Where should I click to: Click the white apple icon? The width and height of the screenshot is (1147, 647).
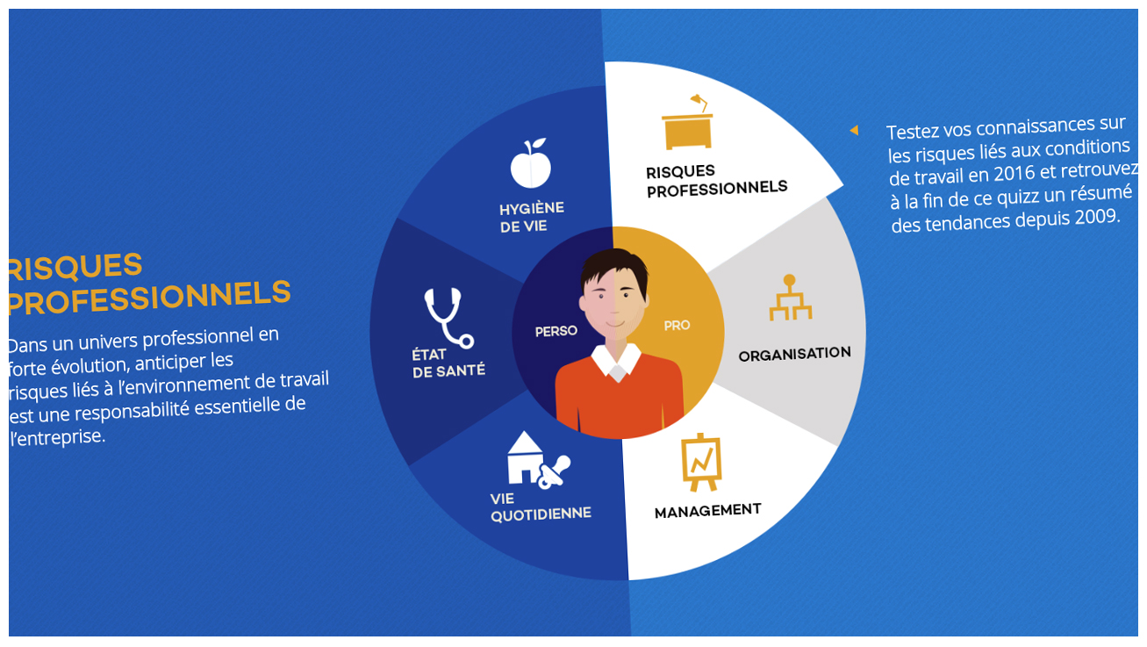pyautogui.click(x=530, y=164)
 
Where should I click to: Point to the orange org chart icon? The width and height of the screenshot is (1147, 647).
pyautogui.click(x=790, y=298)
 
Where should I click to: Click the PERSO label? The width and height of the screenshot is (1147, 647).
pyautogui.click(x=556, y=332)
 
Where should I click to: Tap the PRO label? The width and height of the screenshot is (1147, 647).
pyautogui.click(x=677, y=326)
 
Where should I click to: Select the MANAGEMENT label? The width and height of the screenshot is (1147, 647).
pyautogui.click(x=707, y=511)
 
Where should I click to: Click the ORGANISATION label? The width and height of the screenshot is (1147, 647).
pyautogui.click(x=795, y=354)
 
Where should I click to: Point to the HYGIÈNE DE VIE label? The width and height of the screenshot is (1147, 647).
pyautogui.click(x=532, y=217)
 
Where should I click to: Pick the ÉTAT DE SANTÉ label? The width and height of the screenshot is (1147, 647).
pyautogui.click(x=448, y=363)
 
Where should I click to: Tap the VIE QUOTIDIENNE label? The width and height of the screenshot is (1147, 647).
pyautogui.click(x=541, y=507)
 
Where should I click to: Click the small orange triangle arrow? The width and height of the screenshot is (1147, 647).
pyautogui.click(x=854, y=130)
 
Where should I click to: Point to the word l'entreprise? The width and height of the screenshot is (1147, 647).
pyautogui.click(x=57, y=437)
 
